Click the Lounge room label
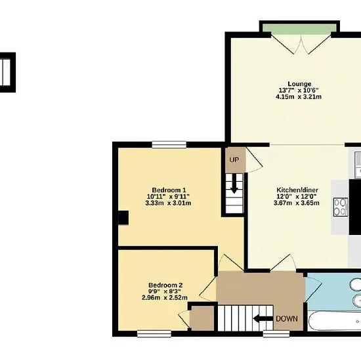pyautogui.click(x=299, y=84)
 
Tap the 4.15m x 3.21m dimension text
pyautogui.click(x=299, y=96)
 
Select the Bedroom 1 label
pyautogui.click(x=169, y=190)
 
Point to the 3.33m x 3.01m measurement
pyautogui.click(x=168, y=203)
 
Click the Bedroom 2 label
pyautogui.click(x=165, y=285)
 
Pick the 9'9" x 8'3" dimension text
pyautogui.click(x=165, y=291)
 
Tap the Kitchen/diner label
pyautogui.click(x=297, y=190)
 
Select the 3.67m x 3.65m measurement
pyautogui.click(x=297, y=203)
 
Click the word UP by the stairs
pyautogui.click(x=234, y=159)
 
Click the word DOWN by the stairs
pyautogui.click(x=287, y=318)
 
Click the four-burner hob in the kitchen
pyautogui.click(x=341, y=207)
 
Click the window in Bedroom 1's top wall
pyautogui.click(x=169, y=144)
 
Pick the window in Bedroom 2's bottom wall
pyautogui.click(x=154, y=334)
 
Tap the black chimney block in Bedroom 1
pyautogui.click(x=123, y=217)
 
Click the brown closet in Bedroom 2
pyautogui.click(x=202, y=318)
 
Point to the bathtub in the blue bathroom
pyautogui.click(x=334, y=321)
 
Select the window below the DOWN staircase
pyautogui.click(x=276, y=334)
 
